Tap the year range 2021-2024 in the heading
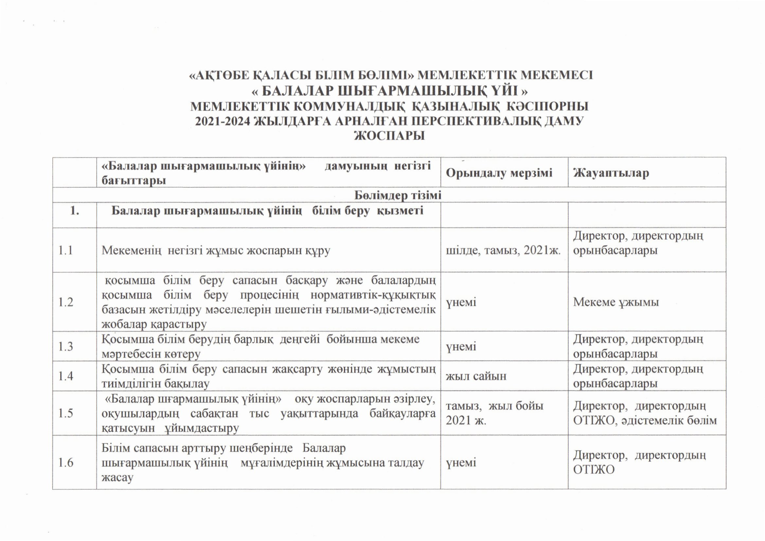(x=222, y=121)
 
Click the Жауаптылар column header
(x=611, y=173)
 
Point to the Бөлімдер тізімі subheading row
(x=398, y=195)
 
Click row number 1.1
(x=66, y=251)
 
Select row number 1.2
(x=66, y=302)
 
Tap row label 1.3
(x=66, y=346)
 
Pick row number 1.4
(x=66, y=376)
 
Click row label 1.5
(x=66, y=413)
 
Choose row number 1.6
(x=66, y=462)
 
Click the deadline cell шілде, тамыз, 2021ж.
(x=503, y=251)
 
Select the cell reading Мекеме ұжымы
(x=616, y=302)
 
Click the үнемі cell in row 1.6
(x=461, y=462)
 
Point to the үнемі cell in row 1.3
(x=461, y=346)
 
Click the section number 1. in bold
(x=75, y=211)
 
